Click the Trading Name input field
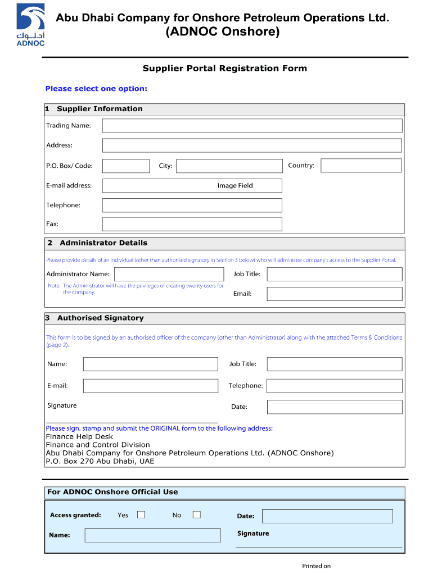click(252, 126)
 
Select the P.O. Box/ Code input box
click(126, 166)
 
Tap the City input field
click(229, 166)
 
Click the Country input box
click(361, 166)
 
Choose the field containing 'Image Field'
click(192, 186)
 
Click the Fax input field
click(192, 224)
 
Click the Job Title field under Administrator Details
click(334, 274)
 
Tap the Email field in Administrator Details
click(334, 294)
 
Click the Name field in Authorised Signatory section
click(150, 364)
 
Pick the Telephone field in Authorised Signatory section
click(334, 386)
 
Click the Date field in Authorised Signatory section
click(334, 407)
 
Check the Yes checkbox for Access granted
click(141, 515)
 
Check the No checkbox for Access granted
click(196, 515)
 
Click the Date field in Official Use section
click(327, 516)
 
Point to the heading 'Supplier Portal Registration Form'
click(224, 69)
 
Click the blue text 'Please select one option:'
click(96, 89)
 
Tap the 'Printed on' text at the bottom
click(316, 566)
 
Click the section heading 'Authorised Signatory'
click(100, 318)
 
